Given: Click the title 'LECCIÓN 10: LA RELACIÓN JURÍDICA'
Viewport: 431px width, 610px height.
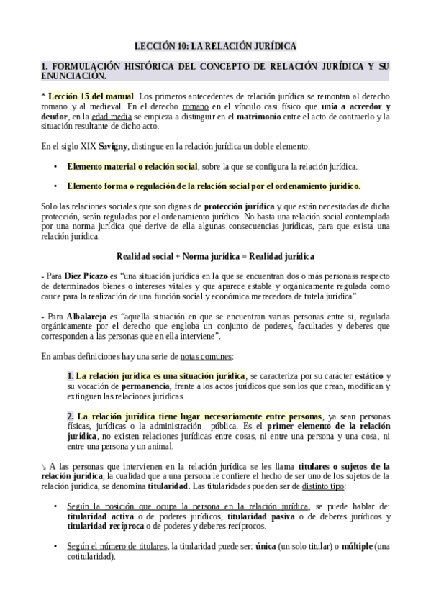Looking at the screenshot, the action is tap(215, 46).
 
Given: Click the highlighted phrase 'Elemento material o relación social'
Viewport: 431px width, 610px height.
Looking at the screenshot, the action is tap(132, 167).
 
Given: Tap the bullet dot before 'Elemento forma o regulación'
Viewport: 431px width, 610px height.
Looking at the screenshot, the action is tap(56, 187).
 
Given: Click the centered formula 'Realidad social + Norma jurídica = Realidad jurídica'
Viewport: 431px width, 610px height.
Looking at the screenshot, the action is tap(215, 256).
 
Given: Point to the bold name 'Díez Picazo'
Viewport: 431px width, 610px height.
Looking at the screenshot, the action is tap(83, 276).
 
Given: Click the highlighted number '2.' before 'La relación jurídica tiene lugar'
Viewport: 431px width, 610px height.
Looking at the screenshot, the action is tap(71, 416).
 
